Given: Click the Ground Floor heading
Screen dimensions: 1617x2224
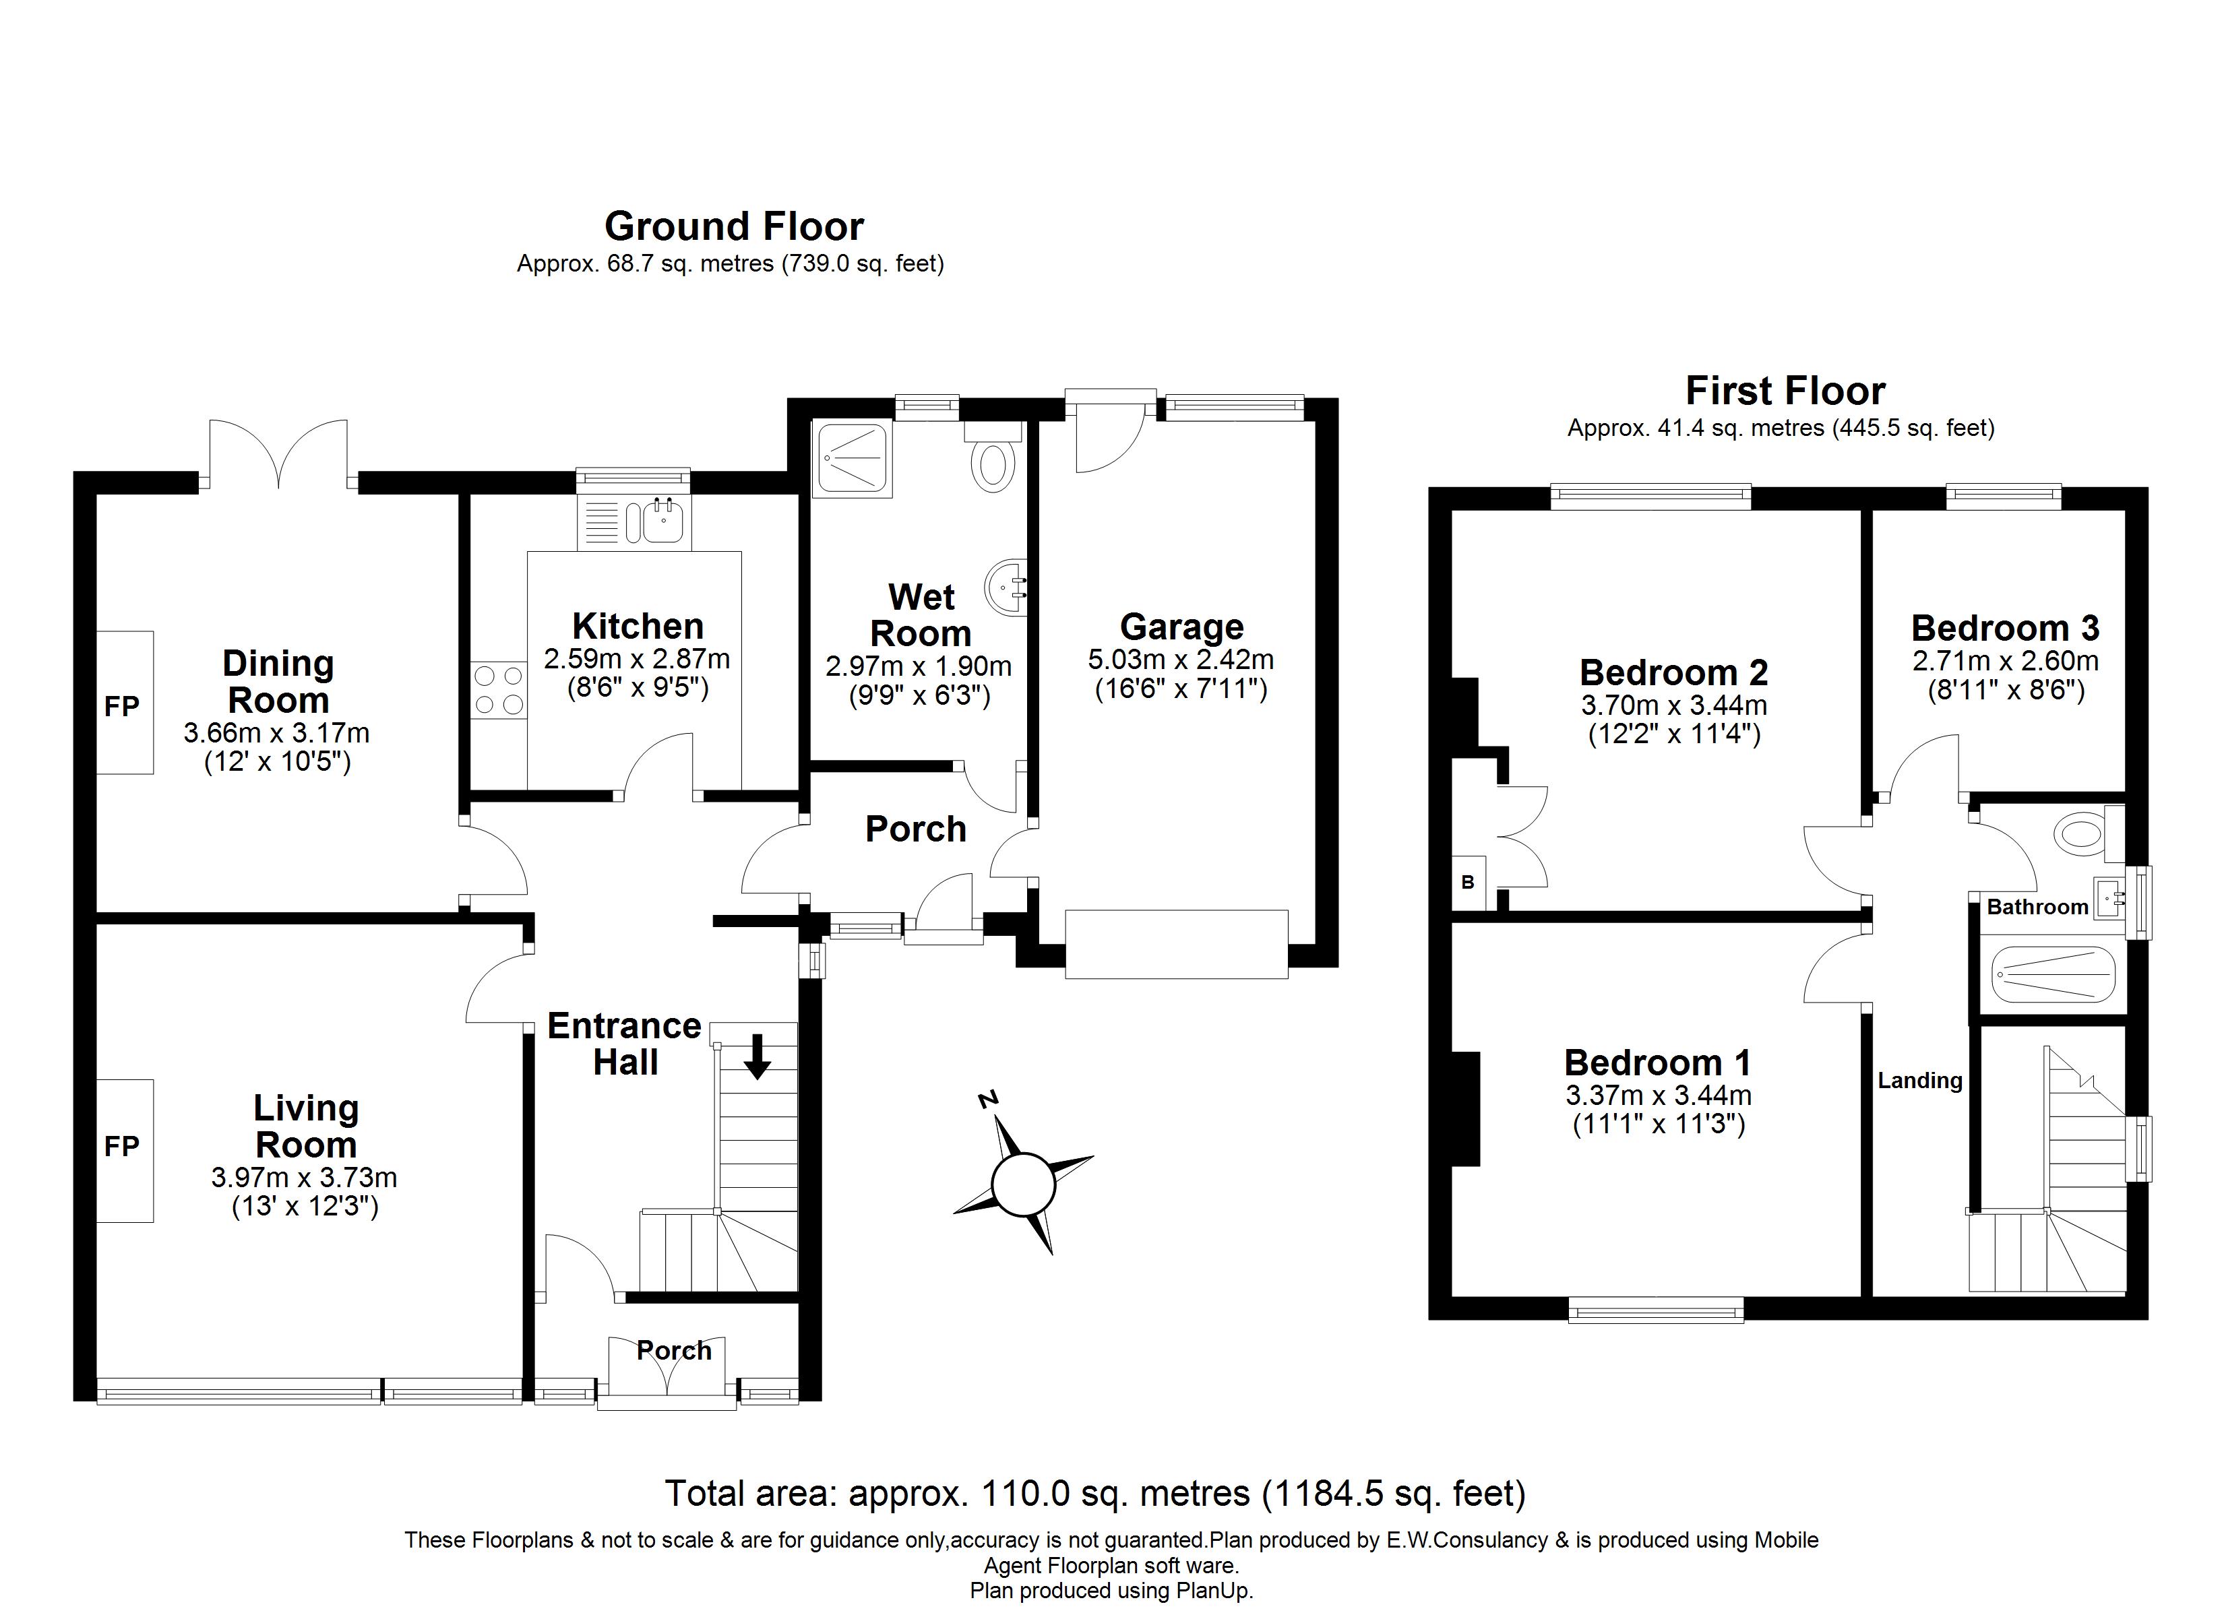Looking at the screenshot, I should [x=733, y=226].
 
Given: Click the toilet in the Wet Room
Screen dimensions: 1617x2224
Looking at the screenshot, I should [x=992, y=465].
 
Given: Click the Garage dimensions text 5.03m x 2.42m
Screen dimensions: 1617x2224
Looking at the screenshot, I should [x=1181, y=660].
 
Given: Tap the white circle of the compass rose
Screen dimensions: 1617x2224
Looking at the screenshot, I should [x=1023, y=1184].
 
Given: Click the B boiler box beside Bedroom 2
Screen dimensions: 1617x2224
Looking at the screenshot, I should [x=1468, y=883].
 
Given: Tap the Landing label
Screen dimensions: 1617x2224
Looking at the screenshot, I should [x=1919, y=1081].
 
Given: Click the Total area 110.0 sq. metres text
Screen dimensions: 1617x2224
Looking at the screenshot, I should [x=1094, y=1494].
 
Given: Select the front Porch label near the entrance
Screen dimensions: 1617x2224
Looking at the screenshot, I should [x=674, y=1350].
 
